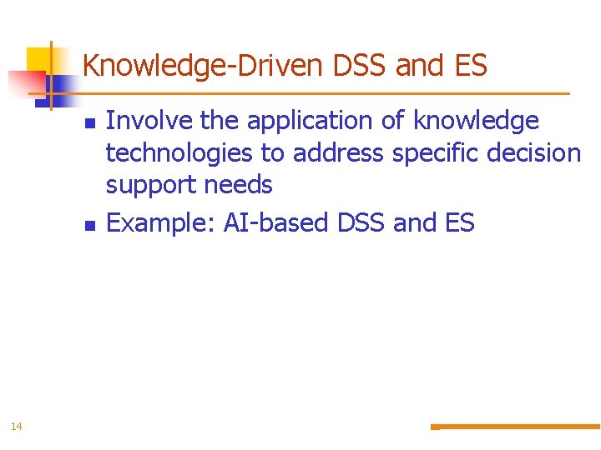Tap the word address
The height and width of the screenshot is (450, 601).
point(337,153)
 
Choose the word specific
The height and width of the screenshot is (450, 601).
point(442,153)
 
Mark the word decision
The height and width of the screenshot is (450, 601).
point(540,153)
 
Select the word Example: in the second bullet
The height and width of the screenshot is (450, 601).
point(162,223)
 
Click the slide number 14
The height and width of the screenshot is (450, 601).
point(17,427)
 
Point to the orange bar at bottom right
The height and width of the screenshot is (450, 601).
point(518,427)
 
